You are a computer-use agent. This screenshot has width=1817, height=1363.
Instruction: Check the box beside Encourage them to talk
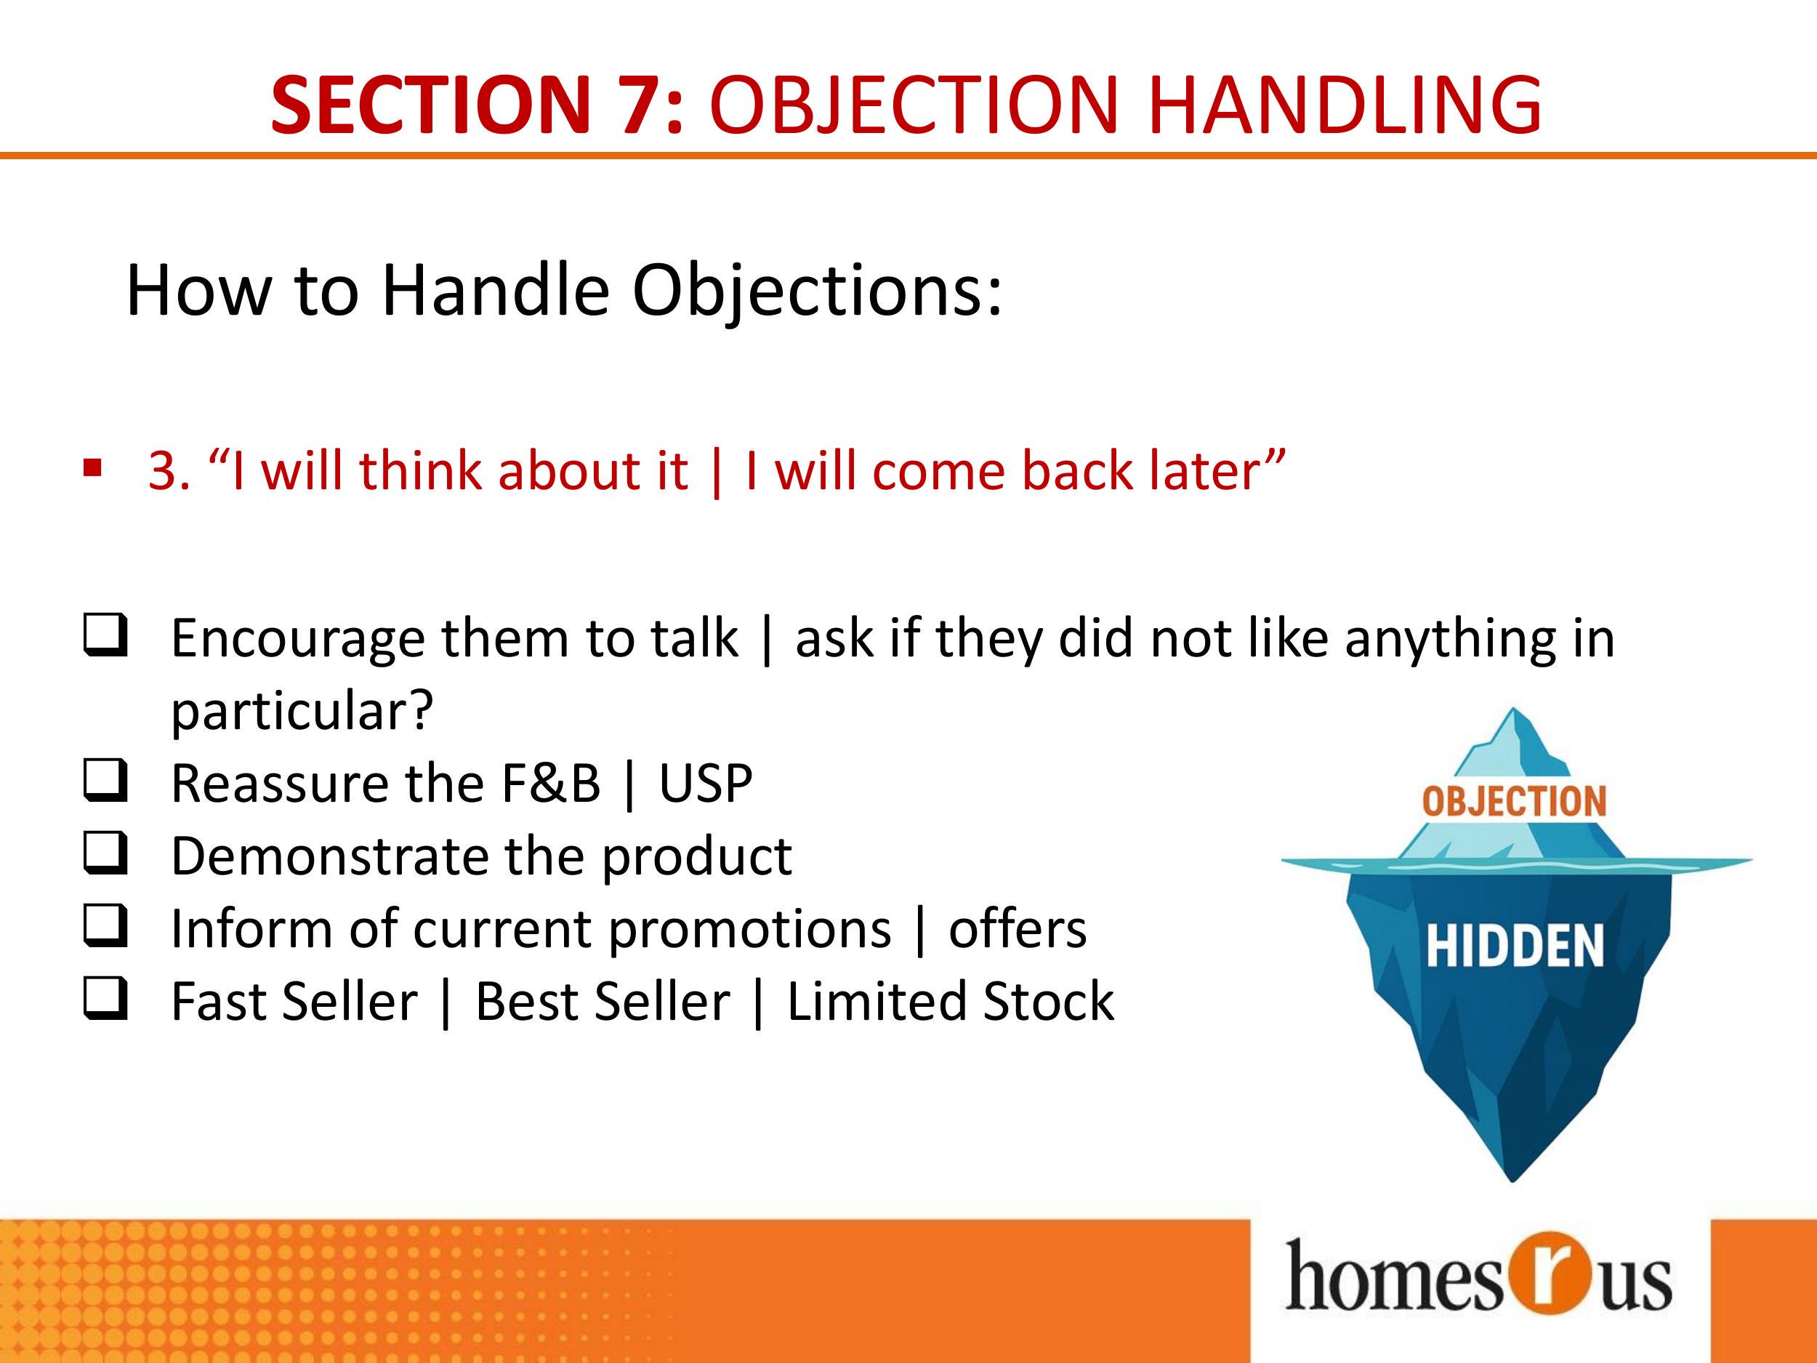coord(106,636)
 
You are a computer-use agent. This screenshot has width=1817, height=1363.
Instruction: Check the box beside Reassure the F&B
coord(106,781)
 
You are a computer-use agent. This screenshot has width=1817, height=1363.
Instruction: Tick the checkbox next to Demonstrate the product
coord(106,853)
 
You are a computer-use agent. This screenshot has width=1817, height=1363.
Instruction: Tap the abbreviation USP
coord(706,784)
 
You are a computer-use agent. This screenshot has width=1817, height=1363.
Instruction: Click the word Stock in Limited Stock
coord(1048,1002)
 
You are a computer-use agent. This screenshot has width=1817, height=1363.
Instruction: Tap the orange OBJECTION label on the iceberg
coord(1514,802)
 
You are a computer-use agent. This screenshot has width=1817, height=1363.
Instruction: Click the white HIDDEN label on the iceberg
coord(1515,946)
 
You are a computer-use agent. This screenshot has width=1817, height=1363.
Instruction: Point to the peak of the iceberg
coord(1513,709)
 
